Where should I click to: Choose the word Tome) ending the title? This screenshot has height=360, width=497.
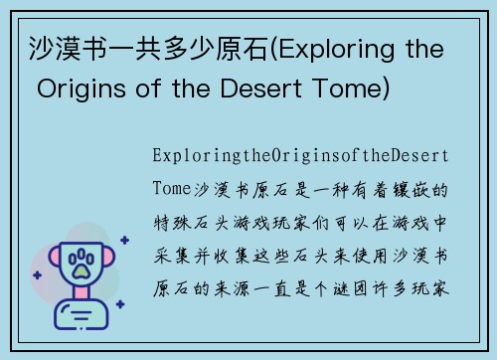coord(364,90)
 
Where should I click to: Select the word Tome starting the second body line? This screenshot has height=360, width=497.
coord(171,189)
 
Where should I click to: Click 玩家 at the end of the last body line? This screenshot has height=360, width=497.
coord(433,286)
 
